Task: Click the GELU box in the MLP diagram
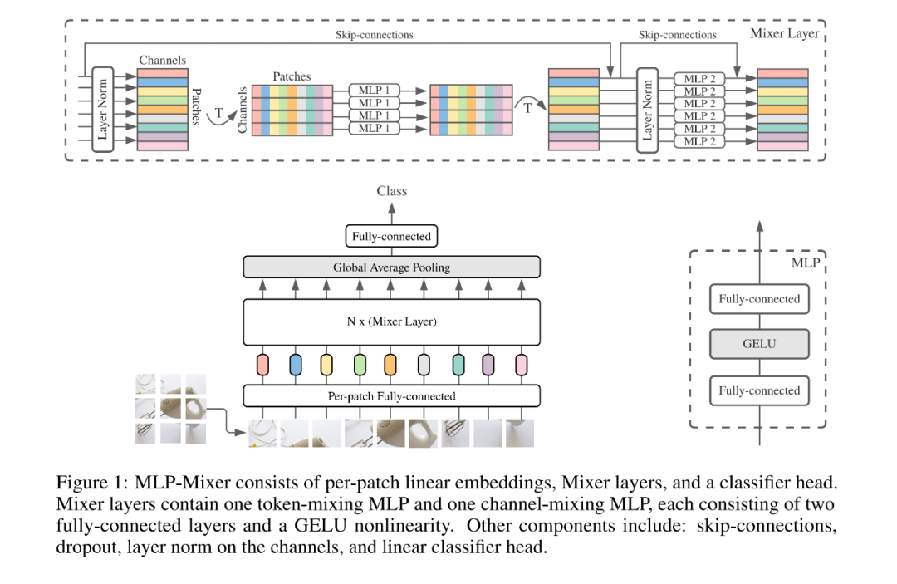(758, 344)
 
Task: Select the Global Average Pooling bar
(391, 267)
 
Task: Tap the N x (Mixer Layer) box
(391, 321)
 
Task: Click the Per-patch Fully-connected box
(391, 396)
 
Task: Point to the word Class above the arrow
(391, 191)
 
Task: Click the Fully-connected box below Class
(391, 237)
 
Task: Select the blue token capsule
(295, 365)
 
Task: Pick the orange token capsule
(390, 365)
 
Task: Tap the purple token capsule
(488, 365)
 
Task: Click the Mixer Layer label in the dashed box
(784, 34)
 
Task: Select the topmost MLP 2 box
(696, 79)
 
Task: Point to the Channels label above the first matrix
(162, 60)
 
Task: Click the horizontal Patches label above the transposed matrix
(292, 76)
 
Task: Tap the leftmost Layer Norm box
(104, 109)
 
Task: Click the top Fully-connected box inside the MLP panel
(758, 299)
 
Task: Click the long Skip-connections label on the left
(374, 35)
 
